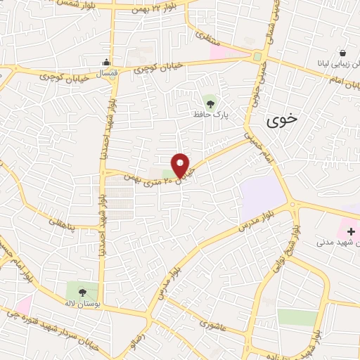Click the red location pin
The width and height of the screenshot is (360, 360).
tap(180, 165)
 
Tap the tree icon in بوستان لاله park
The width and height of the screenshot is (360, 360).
tap(82, 291)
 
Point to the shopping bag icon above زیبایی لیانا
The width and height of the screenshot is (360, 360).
tap(342, 53)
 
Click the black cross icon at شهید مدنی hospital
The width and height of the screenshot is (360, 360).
tap(351, 230)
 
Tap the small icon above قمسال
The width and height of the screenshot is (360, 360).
tap(105, 61)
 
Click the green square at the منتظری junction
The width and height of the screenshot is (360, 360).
tap(258, 56)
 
